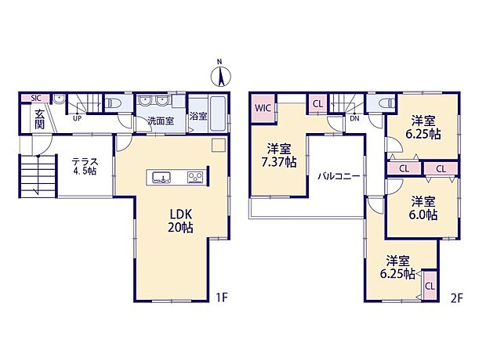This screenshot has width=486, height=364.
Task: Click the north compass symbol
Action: (x=221, y=75)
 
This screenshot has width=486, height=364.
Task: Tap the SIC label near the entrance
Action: (x=35, y=98)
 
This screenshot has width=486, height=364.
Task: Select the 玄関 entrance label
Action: (x=40, y=119)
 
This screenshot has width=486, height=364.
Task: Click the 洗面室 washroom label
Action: (x=161, y=121)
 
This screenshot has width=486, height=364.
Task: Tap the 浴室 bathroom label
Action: (x=198, y=117)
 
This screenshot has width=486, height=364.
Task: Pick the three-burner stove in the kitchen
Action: (x=194, y=177)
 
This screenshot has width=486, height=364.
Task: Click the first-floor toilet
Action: (x=112, y=102)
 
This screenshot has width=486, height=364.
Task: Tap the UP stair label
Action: (x=77, y=120)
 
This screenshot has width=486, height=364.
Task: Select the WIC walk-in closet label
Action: (x=262, y=108)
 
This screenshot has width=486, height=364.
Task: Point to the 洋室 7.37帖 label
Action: (x=280, y=155)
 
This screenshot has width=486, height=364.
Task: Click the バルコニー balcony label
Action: (x=339, y=176)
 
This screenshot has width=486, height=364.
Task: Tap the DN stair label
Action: (x=354, y=120)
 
